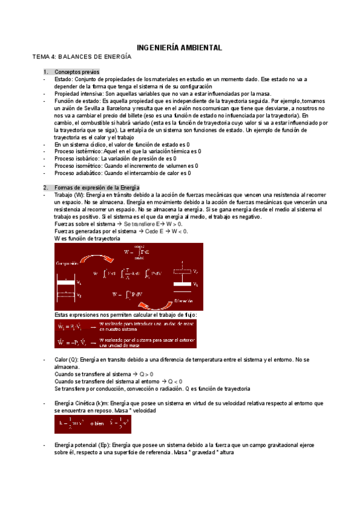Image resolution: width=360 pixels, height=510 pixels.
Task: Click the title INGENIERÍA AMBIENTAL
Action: pyautogui.click(x=180, y=47)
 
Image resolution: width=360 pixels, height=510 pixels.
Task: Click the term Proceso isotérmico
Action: pyautogui.click(x=75, y=152)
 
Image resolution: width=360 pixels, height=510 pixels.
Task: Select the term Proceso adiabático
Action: pyautogui.click(x=76, y=173)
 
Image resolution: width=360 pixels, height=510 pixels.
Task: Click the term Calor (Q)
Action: pyautogui.click(x=67, y=359)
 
